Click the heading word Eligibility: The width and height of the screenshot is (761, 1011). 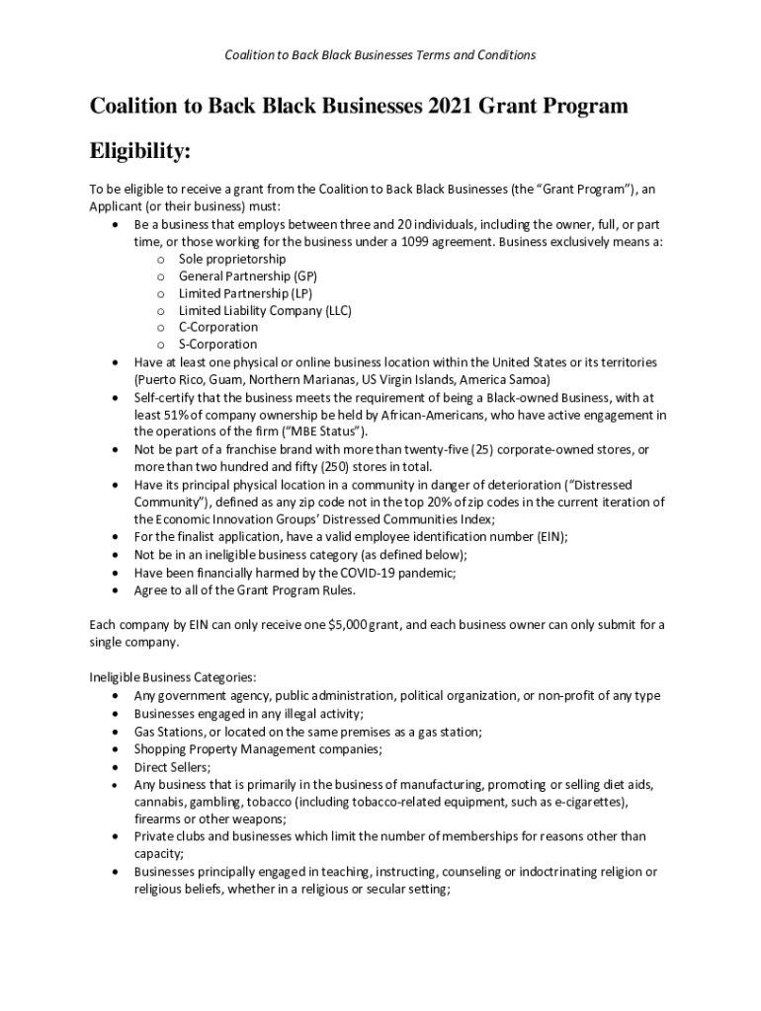point(140,153)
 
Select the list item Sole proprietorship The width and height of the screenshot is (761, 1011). point(232,258)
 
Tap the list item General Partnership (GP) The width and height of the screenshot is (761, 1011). point(248,275)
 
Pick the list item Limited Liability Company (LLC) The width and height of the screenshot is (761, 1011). point(265,310)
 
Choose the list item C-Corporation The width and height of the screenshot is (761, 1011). point(218,327)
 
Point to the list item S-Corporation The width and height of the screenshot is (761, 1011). point(217,345)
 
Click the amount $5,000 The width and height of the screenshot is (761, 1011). point(342,625)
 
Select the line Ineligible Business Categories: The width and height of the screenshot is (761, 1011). point(173,677)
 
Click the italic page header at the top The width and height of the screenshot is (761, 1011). point(380,55)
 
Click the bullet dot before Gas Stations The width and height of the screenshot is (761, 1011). point(118,732)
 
